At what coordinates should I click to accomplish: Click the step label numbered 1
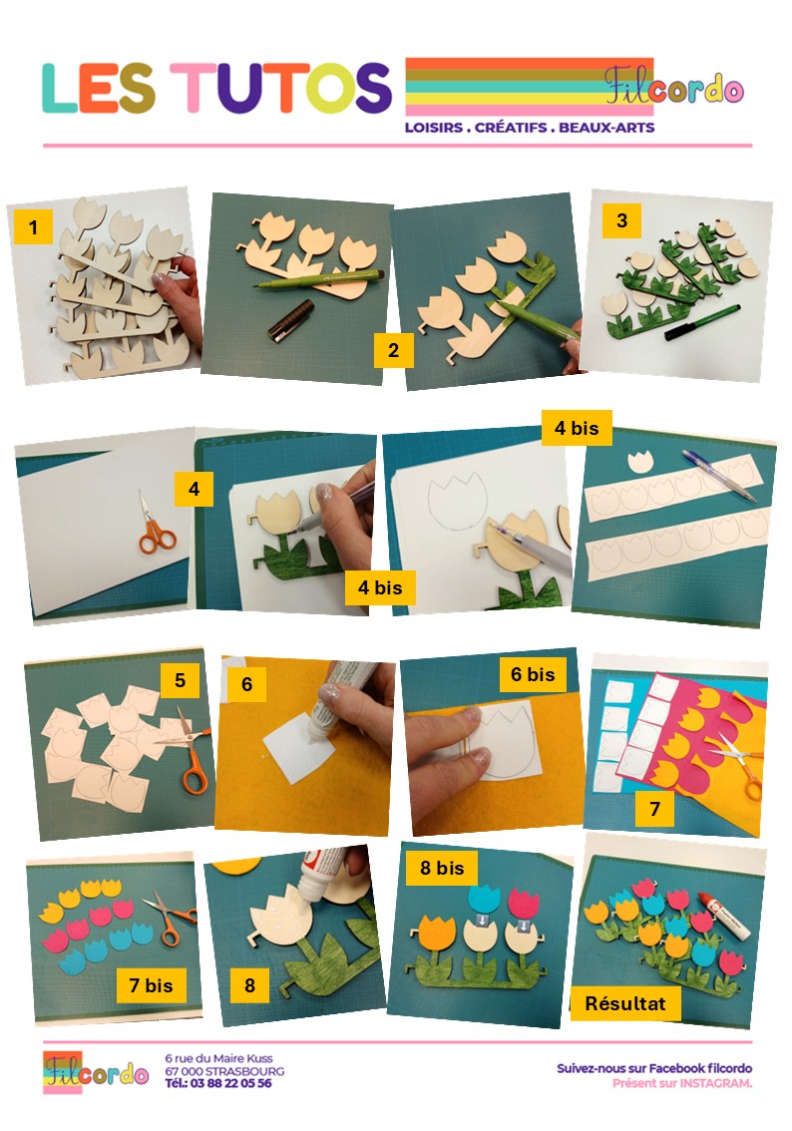(33, 227)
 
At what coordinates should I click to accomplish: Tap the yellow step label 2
(393, 350)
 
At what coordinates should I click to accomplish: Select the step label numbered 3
(621, 220)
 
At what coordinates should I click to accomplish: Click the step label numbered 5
(180, 680)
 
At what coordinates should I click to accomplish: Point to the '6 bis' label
(533, 674)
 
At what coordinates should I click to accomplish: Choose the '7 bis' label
(151, 985)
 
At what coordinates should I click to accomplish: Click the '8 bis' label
(442, 868)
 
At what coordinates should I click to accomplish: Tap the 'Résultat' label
(624, 1003)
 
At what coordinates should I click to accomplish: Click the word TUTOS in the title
(280, 88)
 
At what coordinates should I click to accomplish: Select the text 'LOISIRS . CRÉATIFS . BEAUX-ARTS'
(530, 128)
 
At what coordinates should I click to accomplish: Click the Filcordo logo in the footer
(95, 1072)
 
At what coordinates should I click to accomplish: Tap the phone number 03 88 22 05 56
(230, 1083)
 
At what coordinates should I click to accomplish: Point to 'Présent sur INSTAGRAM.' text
(681, 1083)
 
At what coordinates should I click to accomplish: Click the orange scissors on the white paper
(156, 527)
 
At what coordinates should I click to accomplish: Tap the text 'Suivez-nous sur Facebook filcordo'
(654, 1068)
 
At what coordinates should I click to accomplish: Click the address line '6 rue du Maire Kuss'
(218, 1058)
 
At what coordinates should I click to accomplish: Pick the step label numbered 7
(654, 809)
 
